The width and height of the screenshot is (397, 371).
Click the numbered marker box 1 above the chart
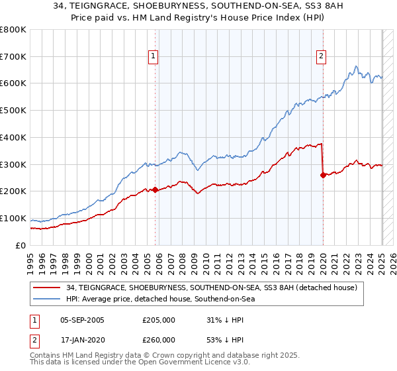pyautogui.click(x=153, y=57)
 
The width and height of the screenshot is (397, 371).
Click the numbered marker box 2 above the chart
pyautogui.click(x=321, y=57)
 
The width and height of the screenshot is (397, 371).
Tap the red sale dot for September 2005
pyautogui.click(x=155, y=189)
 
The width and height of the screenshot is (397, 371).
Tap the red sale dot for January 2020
pyautogui.click(x=323, y=175)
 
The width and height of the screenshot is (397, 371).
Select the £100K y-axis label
pyautogui.click(x=14, y=219)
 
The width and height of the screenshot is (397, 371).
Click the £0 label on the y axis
pyautogui.click(x=20, y=246)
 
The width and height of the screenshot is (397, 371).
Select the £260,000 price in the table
pyautogui.click(x=159, y=340)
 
